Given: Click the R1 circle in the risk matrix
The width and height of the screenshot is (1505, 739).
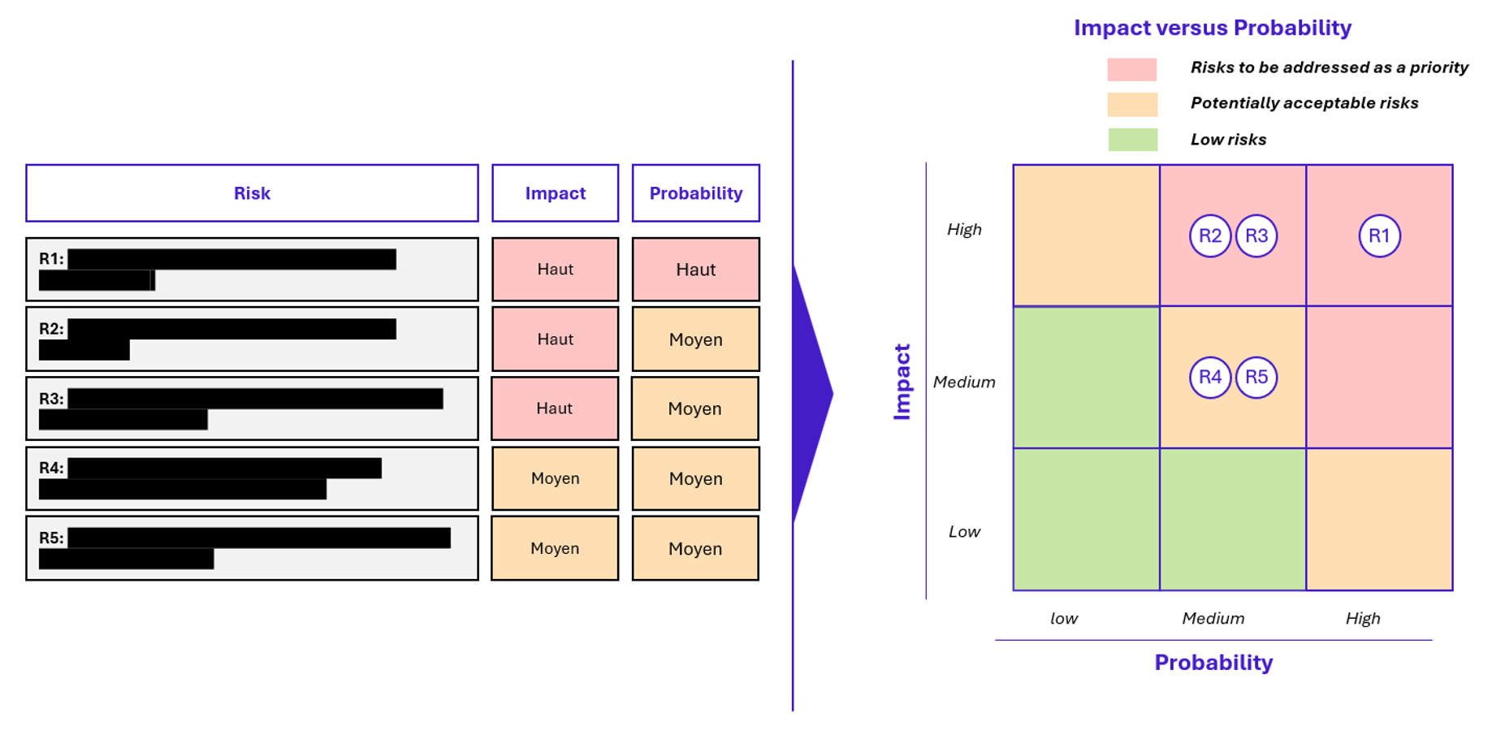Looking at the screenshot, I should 1379,236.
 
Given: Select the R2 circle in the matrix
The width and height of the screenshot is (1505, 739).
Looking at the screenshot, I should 1209,236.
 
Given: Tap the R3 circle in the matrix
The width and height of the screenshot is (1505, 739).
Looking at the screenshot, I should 1256,236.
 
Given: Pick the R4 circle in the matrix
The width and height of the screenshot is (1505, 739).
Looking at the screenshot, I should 1209,378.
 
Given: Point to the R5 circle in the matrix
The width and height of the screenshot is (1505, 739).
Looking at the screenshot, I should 1256,378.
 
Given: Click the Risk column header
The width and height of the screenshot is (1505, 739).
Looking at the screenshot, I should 252,193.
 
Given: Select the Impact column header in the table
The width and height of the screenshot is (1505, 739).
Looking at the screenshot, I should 555,193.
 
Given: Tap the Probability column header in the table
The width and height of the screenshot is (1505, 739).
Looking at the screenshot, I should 695,193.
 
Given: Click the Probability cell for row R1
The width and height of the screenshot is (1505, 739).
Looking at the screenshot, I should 695,270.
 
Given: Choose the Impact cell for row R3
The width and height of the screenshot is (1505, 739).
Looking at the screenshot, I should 555,408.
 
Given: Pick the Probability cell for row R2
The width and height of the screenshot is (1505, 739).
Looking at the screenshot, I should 695,339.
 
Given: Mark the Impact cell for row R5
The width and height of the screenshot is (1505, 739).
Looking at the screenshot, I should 555,548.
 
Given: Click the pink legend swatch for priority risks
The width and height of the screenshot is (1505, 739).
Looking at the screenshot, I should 1131,69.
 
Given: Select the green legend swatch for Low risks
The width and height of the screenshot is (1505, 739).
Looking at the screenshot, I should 1132,140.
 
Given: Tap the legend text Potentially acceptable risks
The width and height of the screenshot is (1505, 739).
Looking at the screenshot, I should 1304,103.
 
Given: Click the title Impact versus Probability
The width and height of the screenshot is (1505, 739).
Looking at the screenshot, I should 1212,28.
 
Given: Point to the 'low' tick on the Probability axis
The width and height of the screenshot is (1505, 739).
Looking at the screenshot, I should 1063,619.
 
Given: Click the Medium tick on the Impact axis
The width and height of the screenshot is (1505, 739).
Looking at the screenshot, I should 963,382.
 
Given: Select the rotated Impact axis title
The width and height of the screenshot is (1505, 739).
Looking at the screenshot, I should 902,382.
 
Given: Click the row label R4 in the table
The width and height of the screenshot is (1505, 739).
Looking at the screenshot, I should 50,469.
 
